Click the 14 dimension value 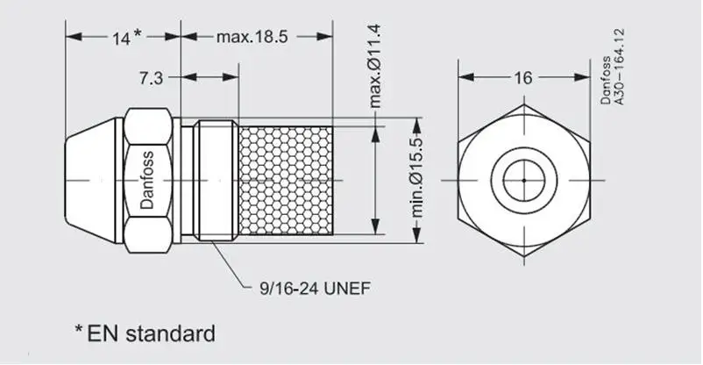[120, 39]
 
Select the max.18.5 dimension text [252, 37]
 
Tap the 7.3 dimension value [151, 79]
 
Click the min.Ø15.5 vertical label [418, 177]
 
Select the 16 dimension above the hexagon [522, 78]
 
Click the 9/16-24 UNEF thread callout [316, 289]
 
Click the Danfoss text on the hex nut [146, 180]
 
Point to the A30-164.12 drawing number [619, 67]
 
